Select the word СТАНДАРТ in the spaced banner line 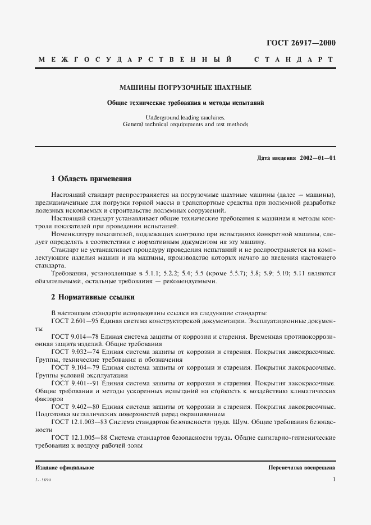pyautogui.click(x=294, y=59)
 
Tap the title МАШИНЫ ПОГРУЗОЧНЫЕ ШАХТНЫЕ pyautogui.click(x=186, y=88)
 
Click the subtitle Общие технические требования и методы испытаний pyautogui.click(x=186, y=103)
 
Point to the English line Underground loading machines pyautogui.click(x=185, y=117)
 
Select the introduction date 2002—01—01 pyautogui.click(x=318, y=159)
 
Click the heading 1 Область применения pyautogui.click(x=91, y=179)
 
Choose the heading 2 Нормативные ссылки pyautogui.click(x=93, y=297)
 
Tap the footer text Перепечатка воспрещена pyautogui.click(x=301, y=467)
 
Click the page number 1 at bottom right pyautogui.click(x=334, y=480)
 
